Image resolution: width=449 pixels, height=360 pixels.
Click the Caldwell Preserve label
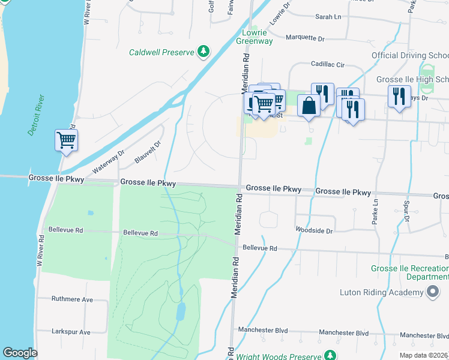(161, 52)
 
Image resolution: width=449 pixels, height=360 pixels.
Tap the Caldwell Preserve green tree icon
(204, 52)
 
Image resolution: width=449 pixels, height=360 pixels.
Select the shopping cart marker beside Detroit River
(66, 140)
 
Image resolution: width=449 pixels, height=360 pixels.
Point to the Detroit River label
(36, 115)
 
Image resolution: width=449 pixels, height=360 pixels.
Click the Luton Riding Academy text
(381, 292)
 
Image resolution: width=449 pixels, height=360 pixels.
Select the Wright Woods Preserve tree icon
(330, 356)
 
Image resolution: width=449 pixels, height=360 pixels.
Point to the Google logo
(20, 353)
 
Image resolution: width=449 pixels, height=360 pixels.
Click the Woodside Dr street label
(314, 230)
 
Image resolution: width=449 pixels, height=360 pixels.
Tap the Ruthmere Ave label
(72, 299)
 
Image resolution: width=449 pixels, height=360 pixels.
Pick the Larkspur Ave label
(71, 332)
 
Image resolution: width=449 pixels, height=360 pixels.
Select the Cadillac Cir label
(327, 64)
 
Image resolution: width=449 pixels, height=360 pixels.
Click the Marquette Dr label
(304, 38)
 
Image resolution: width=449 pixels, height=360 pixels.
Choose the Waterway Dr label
(108, 161)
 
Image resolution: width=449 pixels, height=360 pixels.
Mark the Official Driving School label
(410, 55)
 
